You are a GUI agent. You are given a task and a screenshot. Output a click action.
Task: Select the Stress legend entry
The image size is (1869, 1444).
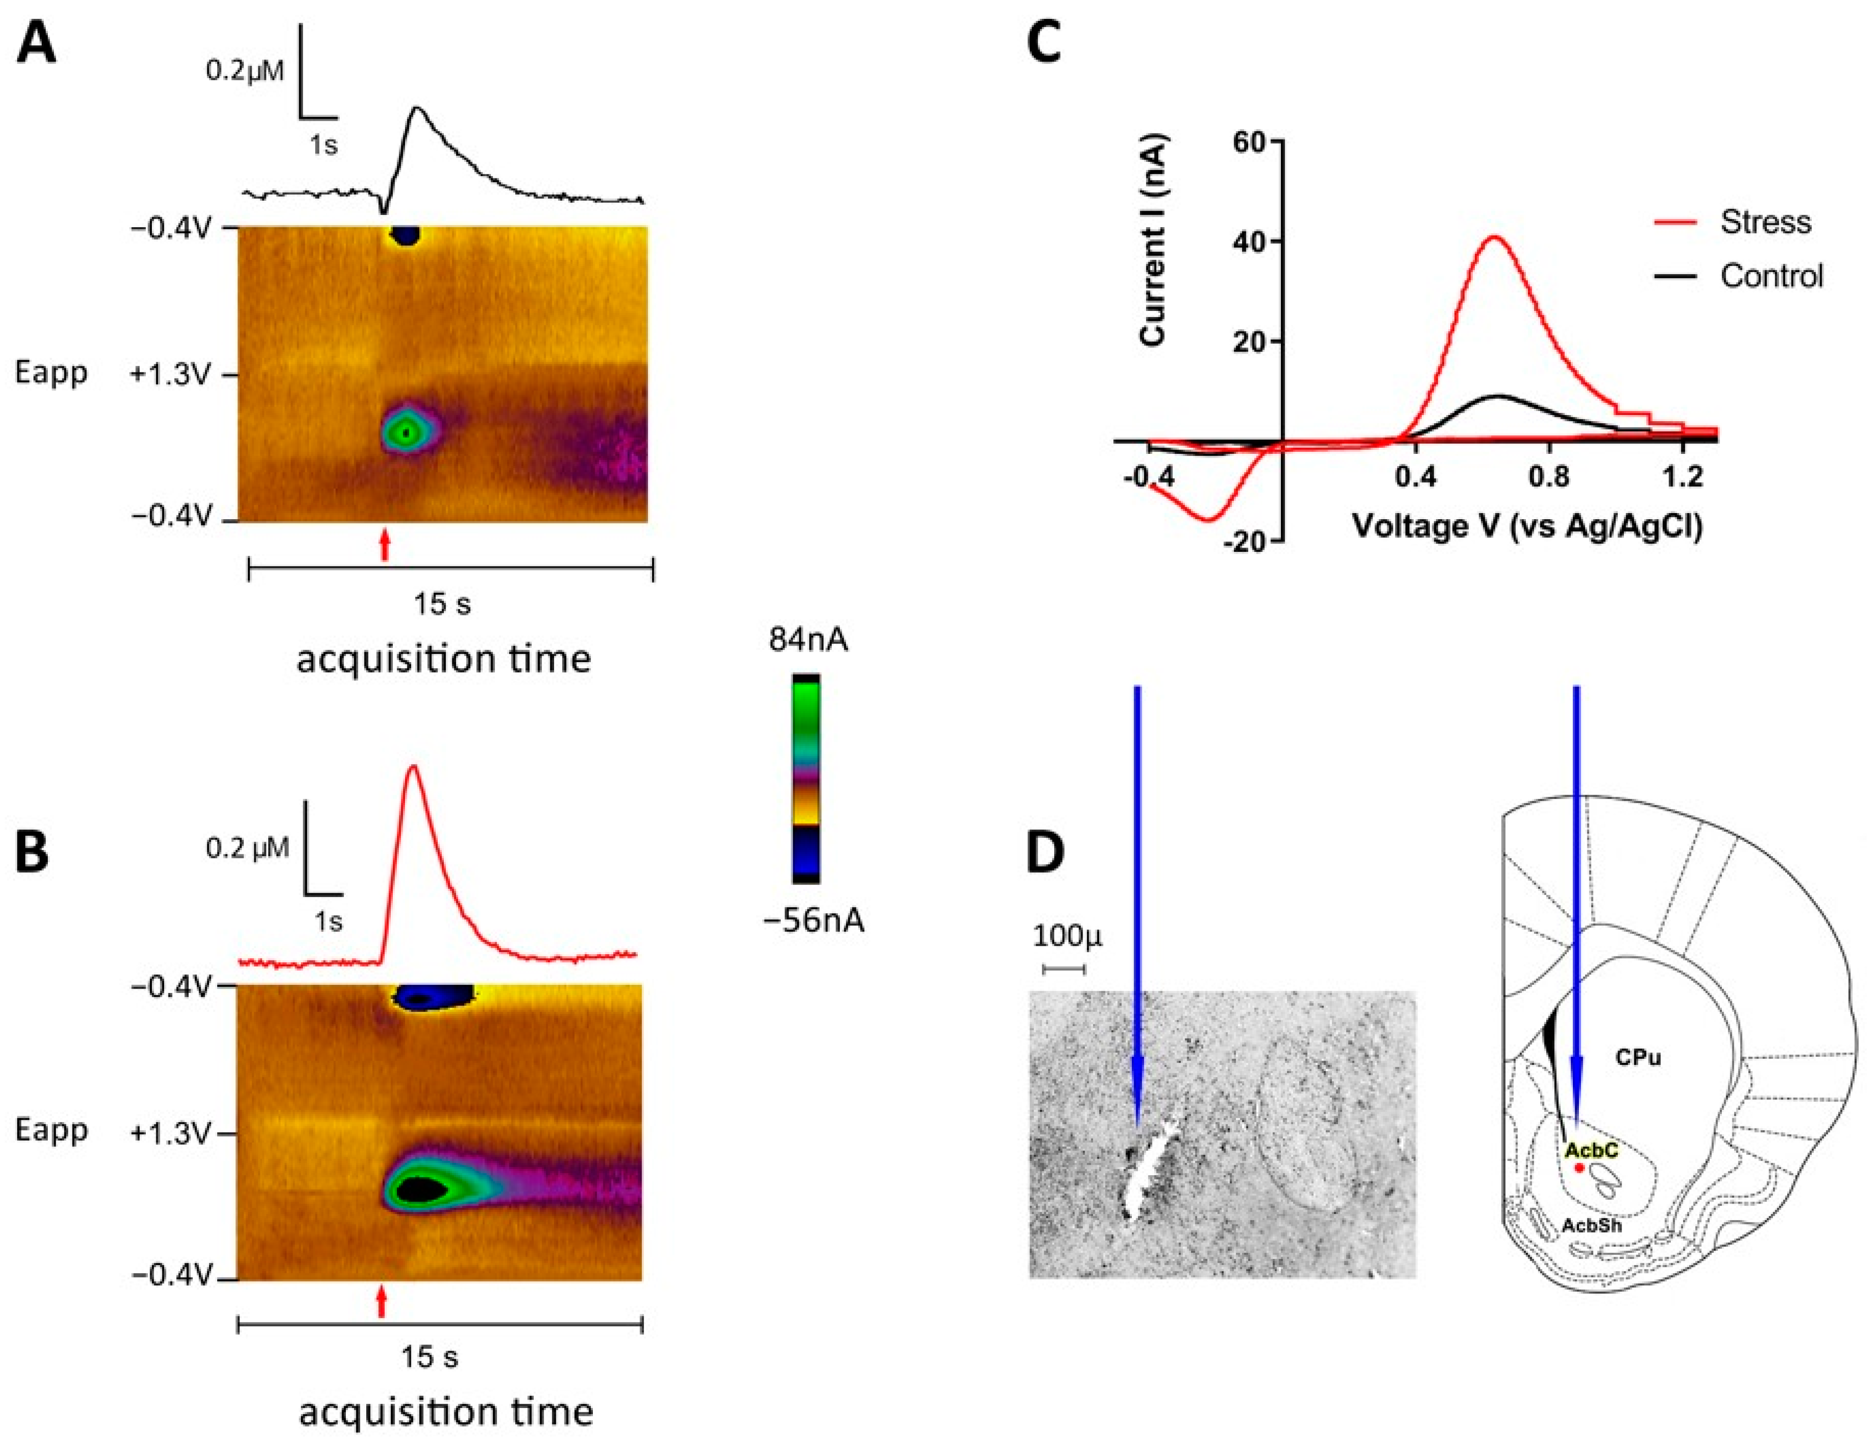pos(1764,222)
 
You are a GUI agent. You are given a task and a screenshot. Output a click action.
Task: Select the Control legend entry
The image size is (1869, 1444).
pos(1772,276)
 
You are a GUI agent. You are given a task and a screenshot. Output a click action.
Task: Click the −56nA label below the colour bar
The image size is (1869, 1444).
pos(813,920)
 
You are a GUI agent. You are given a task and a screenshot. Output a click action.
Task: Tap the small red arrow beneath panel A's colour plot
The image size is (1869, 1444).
pos(385,544)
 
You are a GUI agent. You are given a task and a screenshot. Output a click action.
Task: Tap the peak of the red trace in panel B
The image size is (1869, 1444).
pos(414,767)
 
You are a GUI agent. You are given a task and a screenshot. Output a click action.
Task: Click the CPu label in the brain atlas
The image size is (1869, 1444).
pos(1638,1057)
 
